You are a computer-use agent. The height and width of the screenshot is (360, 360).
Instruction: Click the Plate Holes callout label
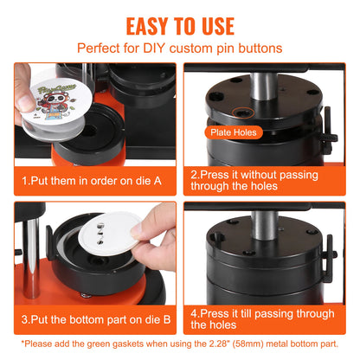click(231, 132)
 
